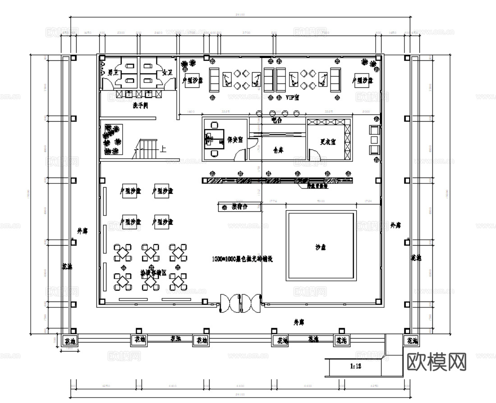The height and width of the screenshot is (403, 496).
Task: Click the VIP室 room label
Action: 293,98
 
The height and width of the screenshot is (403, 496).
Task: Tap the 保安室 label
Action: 235,139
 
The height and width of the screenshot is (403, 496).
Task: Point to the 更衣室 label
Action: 328,142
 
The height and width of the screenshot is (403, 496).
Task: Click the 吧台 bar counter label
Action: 276,120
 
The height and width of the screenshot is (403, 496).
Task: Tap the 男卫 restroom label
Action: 113,72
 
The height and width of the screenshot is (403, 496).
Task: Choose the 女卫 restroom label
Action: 167,72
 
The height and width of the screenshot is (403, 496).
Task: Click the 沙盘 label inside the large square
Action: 321,247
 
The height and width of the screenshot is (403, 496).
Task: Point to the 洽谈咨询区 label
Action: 153,273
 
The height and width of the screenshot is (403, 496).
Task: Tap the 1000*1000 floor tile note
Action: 243,259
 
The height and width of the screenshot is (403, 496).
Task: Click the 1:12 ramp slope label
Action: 355,366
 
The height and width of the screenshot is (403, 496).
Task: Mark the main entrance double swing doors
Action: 240,303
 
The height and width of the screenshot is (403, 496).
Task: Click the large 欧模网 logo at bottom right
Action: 436,362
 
